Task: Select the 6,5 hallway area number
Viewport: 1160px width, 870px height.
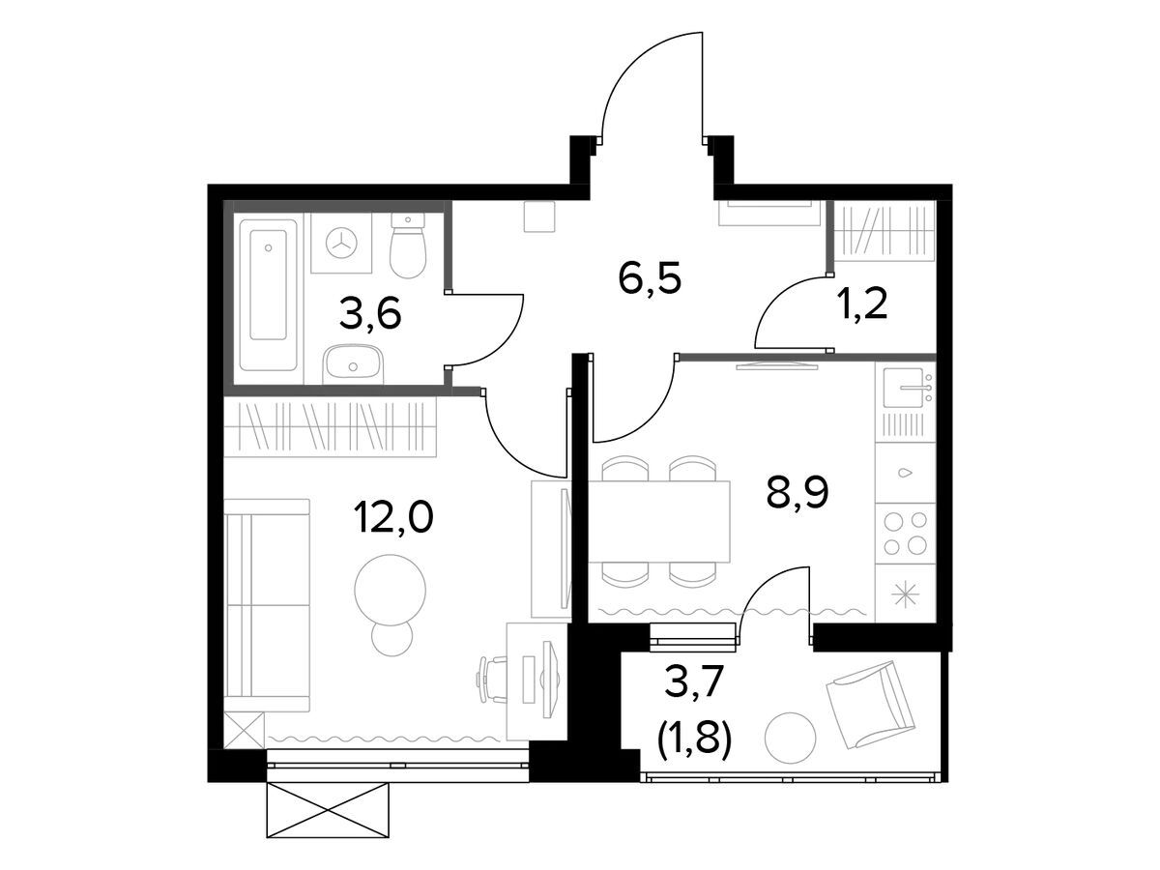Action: click(x=650, y=280)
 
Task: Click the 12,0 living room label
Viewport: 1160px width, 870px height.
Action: click(x=394, y=519)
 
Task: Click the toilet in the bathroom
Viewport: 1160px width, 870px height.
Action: click(x=408, y=246)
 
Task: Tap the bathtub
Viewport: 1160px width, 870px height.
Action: click(x=269, y=294)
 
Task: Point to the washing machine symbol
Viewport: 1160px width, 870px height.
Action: click(x=342, y=244)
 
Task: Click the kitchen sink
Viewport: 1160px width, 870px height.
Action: click(x=903, y=388)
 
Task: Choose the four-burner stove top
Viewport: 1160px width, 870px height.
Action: click(x=905, y=534)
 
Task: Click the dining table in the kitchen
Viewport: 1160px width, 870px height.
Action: click(x=659, y=521)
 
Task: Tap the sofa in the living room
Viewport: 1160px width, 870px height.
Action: click(x=267, y=605)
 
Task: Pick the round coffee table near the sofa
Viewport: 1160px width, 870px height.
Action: click(x=390, y=590)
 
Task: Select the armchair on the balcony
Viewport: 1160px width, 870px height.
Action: click(x=868, y=705)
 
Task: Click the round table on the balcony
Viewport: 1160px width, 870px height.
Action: click(x=790, y=738)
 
